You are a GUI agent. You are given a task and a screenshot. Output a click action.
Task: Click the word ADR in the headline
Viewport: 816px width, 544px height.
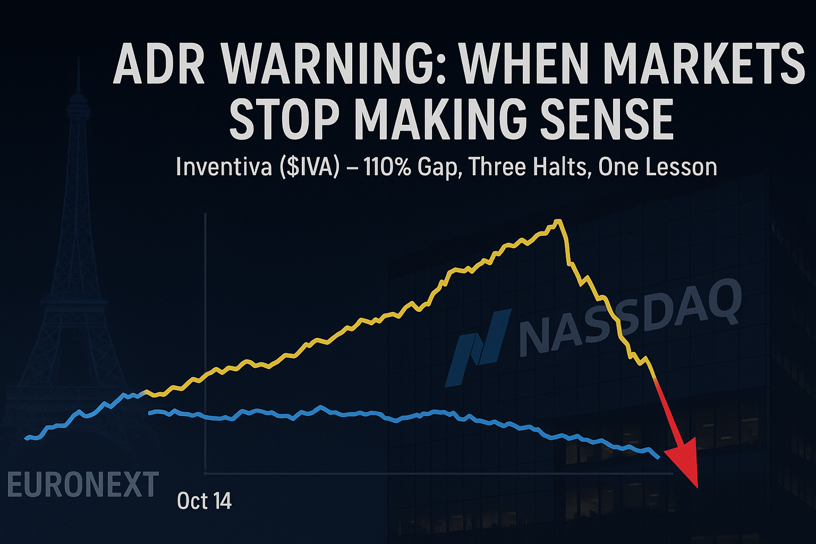(x=159, y=65)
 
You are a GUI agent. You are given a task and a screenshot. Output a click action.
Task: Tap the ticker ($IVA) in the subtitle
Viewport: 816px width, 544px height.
(x=309, y=167)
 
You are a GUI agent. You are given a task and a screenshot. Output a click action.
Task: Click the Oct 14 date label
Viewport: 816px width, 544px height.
(x=205, y=501)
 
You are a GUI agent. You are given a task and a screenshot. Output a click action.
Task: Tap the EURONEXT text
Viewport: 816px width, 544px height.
(x=83, y=484)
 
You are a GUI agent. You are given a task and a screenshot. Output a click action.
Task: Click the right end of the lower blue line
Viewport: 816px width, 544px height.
(x=659, y=457)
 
